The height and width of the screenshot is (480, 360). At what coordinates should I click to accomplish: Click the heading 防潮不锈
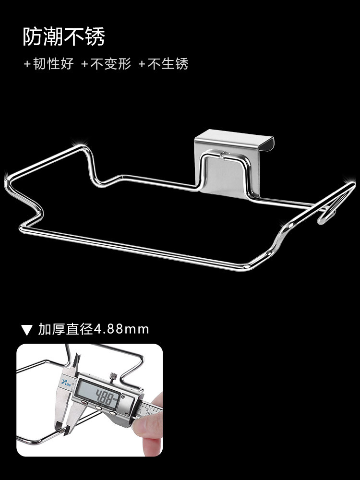tap(63, 37)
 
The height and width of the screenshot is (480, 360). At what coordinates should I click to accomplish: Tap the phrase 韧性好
tap(53, 64)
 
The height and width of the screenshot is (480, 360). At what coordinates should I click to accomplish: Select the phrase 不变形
tap(110, 64)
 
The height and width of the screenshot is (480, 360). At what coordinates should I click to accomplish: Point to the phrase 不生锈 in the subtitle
tap(168, 64)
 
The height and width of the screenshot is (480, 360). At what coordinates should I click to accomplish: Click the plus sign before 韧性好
tap(27, 64)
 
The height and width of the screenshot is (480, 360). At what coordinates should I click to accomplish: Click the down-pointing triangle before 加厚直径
tap(27, 330)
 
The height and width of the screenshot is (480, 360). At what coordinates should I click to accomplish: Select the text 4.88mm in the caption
tap(121, 329)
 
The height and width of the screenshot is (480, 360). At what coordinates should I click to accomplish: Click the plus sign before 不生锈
tap(142, 64)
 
